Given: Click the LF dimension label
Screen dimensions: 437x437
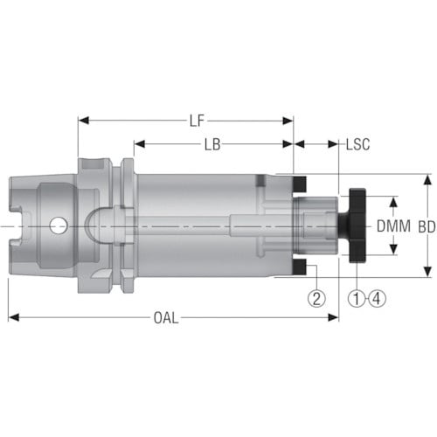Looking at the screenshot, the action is [197, 121].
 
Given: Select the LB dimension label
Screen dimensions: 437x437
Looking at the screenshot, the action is [212, 144].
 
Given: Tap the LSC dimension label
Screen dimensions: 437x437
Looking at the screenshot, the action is [357, 144].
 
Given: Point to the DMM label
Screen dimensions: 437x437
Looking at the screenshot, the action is [393, 226].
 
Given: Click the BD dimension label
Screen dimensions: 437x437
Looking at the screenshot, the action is [427, 227].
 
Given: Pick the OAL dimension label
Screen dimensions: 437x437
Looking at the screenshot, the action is [166, 317].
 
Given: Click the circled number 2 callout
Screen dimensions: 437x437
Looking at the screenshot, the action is [316, 298].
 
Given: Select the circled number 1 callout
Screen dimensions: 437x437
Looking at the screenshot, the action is [357, 298].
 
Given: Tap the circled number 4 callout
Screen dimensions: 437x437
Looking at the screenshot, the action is [378, 298].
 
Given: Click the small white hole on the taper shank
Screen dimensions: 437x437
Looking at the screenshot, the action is [58, 226].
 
